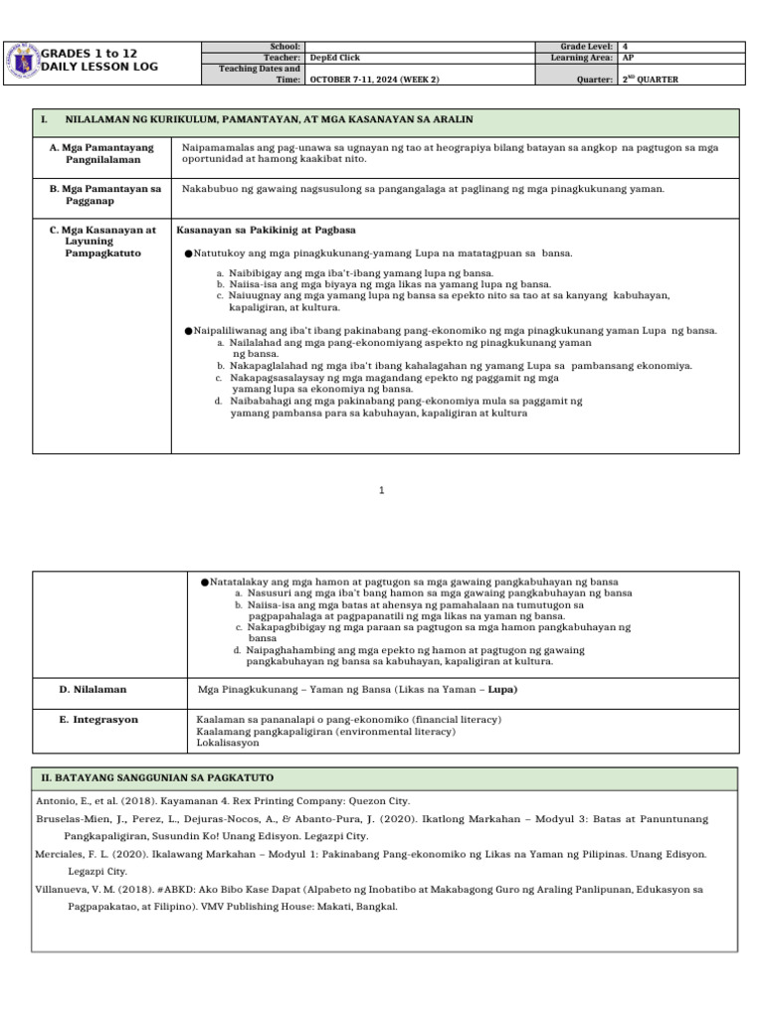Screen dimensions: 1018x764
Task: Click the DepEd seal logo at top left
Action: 22,61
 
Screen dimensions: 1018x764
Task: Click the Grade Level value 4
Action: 626,47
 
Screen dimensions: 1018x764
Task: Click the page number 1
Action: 382,490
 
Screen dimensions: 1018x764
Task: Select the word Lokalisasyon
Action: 229,742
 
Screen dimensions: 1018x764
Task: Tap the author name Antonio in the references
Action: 56,800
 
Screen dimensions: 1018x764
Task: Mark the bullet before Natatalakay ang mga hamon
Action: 203,581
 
